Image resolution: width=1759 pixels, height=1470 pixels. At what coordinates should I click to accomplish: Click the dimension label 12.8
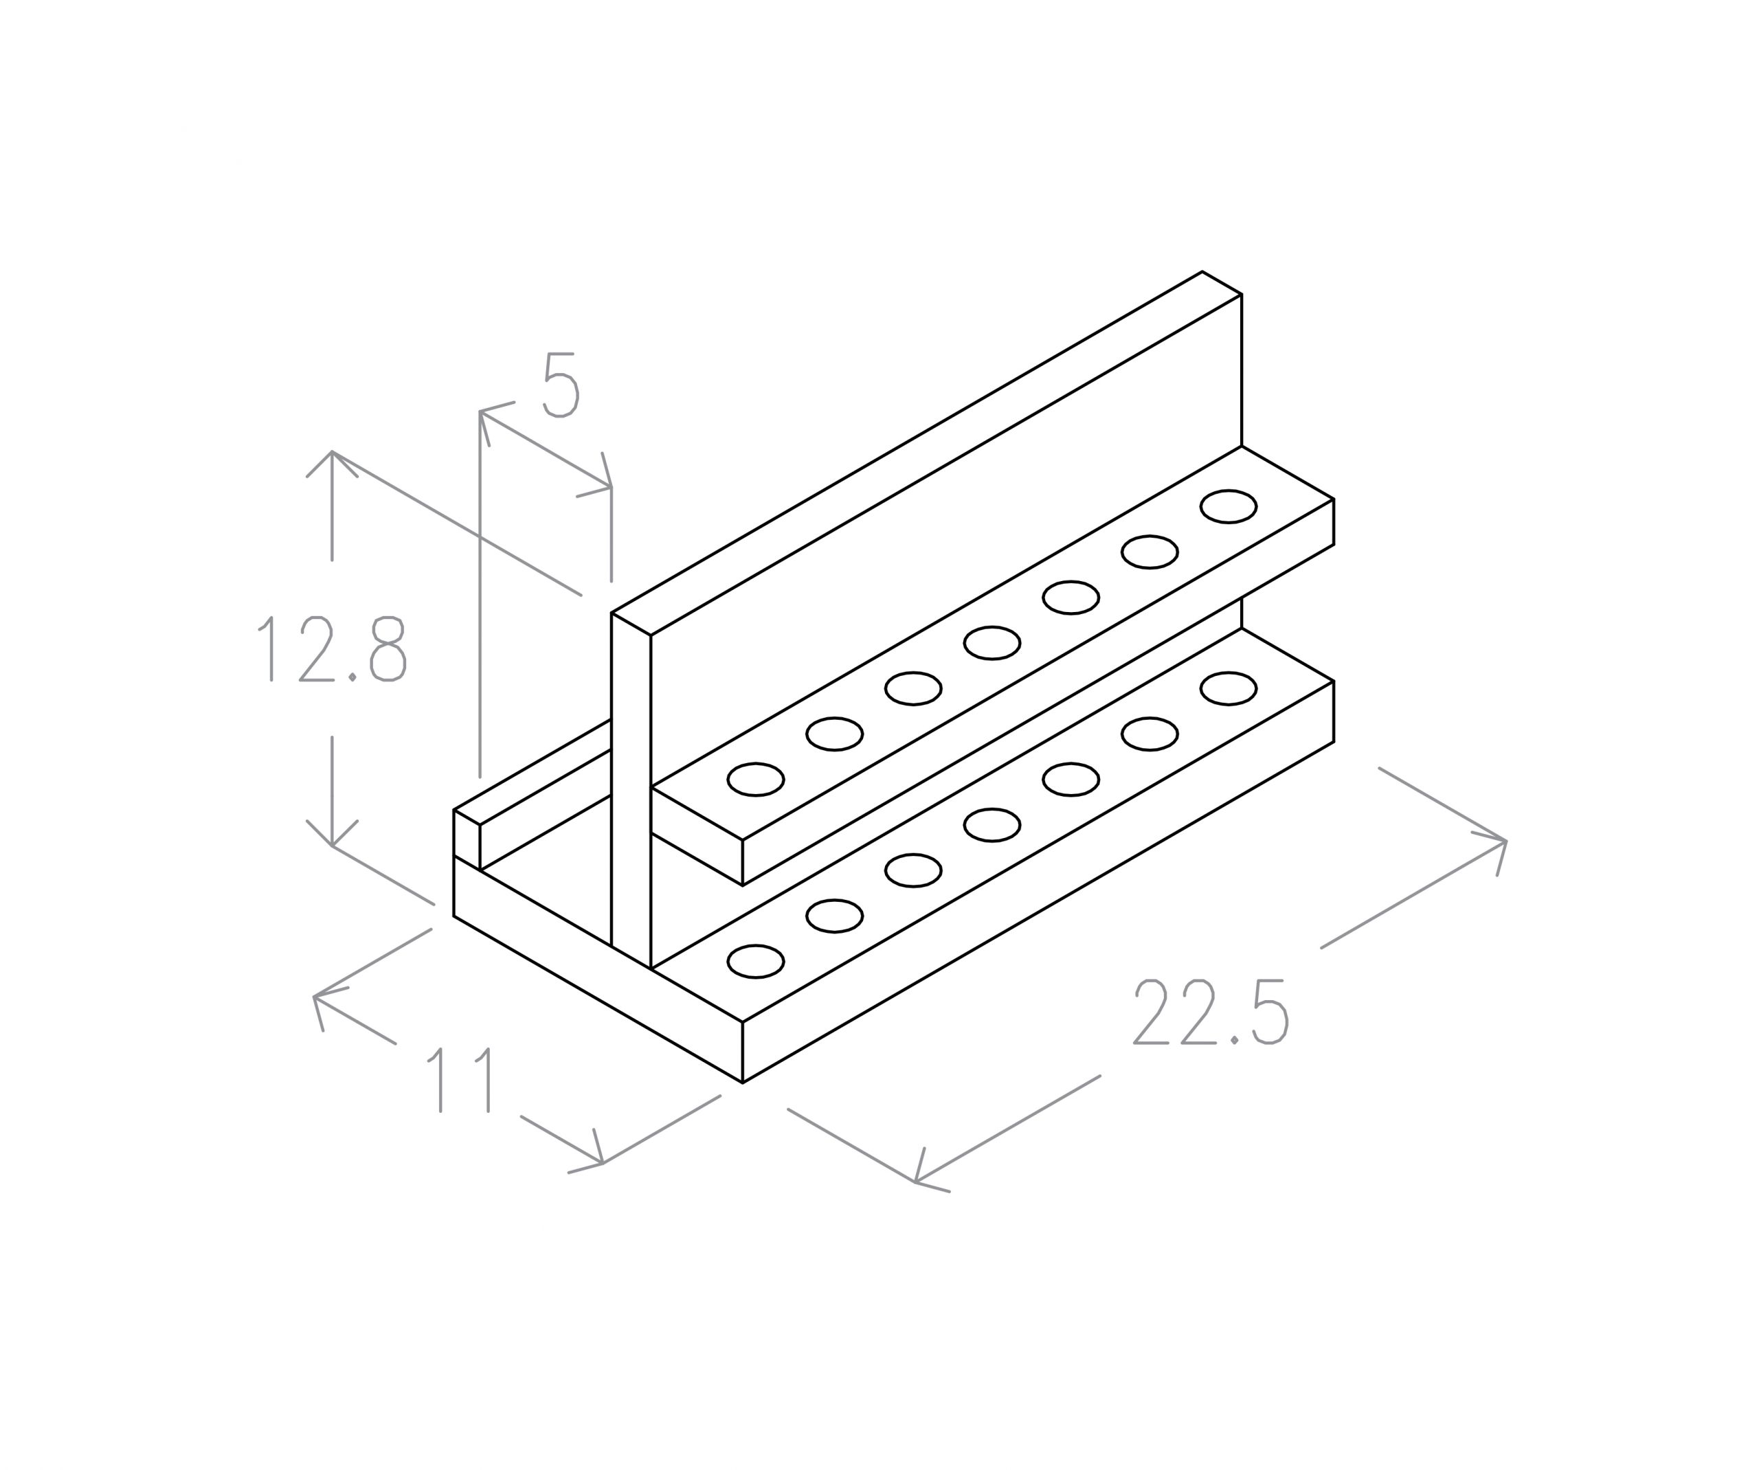[x=332, y=649]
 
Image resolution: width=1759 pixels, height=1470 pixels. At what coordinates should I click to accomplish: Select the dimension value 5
[x=561, y=385]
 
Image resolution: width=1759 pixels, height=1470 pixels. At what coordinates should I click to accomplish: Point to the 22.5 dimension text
[x=1209, y=1012]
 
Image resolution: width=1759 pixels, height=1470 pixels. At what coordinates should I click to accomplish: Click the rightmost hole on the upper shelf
[x=1228, y=507]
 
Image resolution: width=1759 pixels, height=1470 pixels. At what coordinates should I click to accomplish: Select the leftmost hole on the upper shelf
[x=756, y=779]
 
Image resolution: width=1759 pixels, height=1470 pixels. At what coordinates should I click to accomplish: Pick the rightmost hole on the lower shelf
[x=1228, y=688]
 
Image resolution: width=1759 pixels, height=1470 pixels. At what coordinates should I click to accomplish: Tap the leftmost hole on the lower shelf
[x=756, y=961]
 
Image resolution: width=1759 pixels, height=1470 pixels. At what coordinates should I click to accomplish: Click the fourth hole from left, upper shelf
[x=991, y=642]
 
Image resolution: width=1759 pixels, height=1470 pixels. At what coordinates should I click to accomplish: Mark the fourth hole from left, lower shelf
[x=991, y=825]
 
